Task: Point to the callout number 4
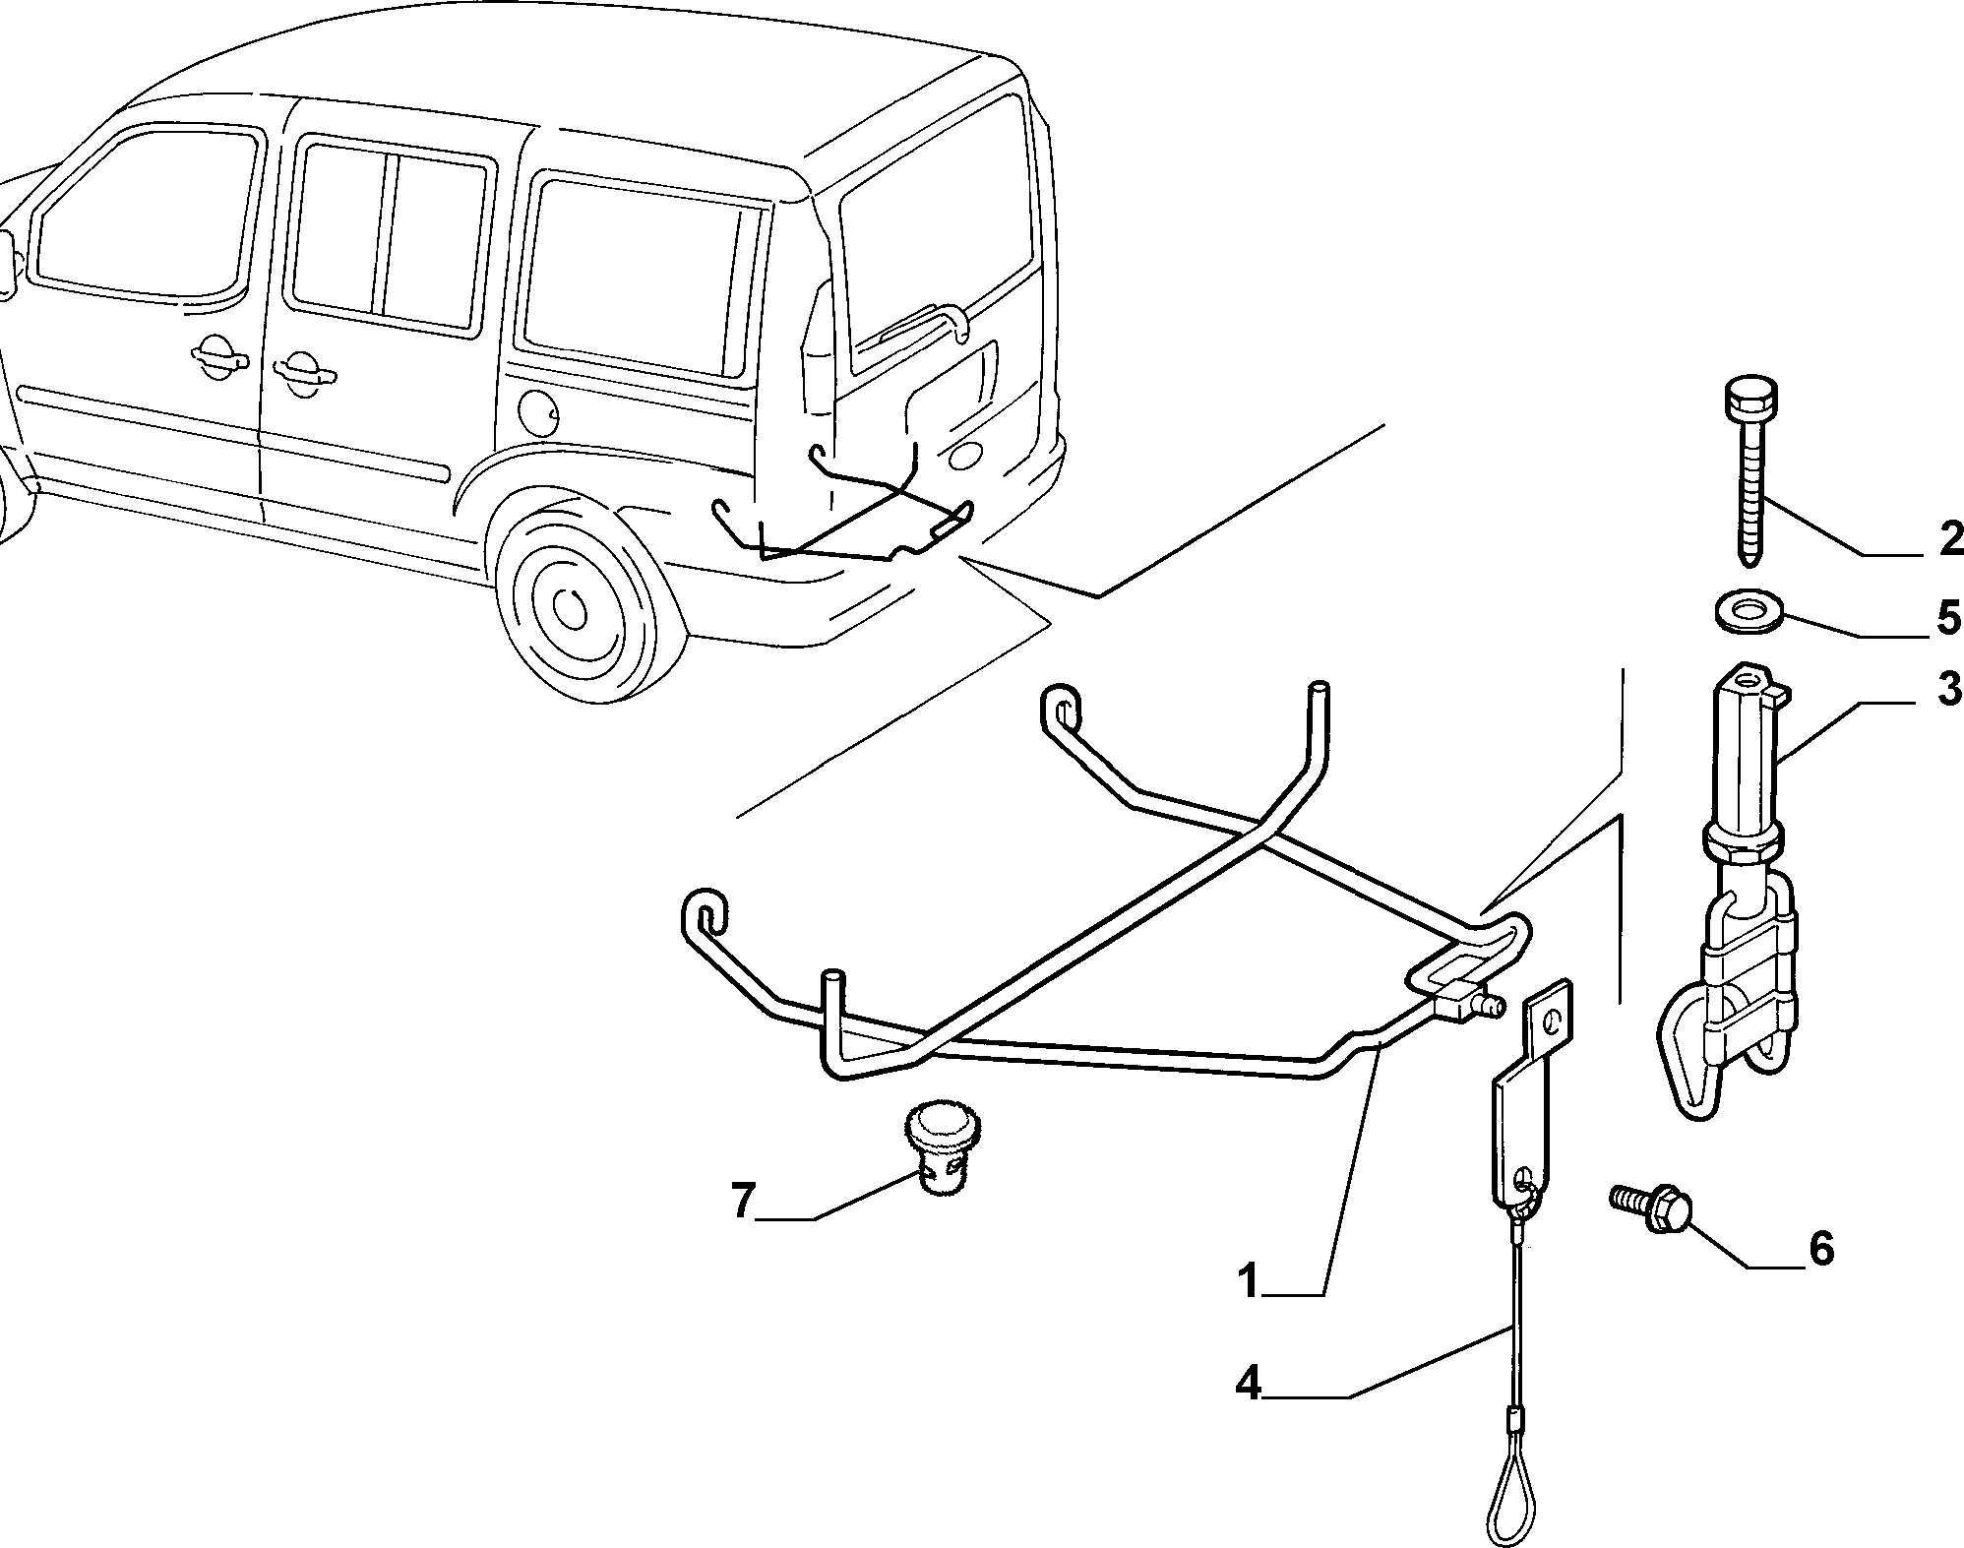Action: click(1249, 1385)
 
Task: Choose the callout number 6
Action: click(1820, 1249)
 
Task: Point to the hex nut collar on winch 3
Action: click(1742, 840)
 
